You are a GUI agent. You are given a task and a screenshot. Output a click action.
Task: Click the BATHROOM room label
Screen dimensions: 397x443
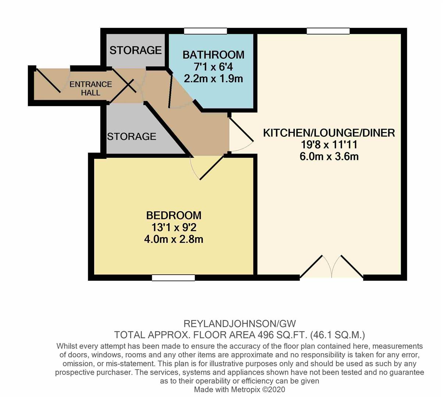tap(213, 55)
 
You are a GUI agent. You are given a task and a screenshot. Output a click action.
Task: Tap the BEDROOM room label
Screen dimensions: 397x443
tap(174, 215)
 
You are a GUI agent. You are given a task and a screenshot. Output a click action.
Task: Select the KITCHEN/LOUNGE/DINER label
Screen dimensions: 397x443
tap(329, 133)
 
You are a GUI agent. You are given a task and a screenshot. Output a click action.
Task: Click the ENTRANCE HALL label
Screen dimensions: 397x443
tap(91, 88)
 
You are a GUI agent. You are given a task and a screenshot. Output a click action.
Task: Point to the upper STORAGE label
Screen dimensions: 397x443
tap(135, 50)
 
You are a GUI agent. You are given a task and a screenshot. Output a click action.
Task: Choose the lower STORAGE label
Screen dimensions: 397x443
tap(132, 137)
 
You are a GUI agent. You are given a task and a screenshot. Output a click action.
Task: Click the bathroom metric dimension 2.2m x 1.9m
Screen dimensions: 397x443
tap(213, 79)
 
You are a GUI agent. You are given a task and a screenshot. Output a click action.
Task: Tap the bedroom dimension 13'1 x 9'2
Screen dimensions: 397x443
tap(174, 228)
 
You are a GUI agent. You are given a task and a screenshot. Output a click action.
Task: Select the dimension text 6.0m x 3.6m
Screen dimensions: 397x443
tap(329, 157)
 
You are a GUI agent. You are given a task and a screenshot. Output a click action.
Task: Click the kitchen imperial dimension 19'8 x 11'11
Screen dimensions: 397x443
tap(329, 145)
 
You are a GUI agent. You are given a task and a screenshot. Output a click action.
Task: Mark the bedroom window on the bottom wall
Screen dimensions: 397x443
tap(173, 278)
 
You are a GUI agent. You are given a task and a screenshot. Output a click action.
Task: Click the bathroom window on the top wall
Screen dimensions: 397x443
tap(206, 31)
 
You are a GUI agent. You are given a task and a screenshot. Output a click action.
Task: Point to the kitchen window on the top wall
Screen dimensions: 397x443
tap(328, 31)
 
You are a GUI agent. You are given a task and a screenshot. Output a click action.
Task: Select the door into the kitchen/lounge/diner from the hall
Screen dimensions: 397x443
tap(241, 135)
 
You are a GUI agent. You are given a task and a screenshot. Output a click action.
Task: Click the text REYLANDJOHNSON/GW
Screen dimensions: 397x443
tap(239, 324)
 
